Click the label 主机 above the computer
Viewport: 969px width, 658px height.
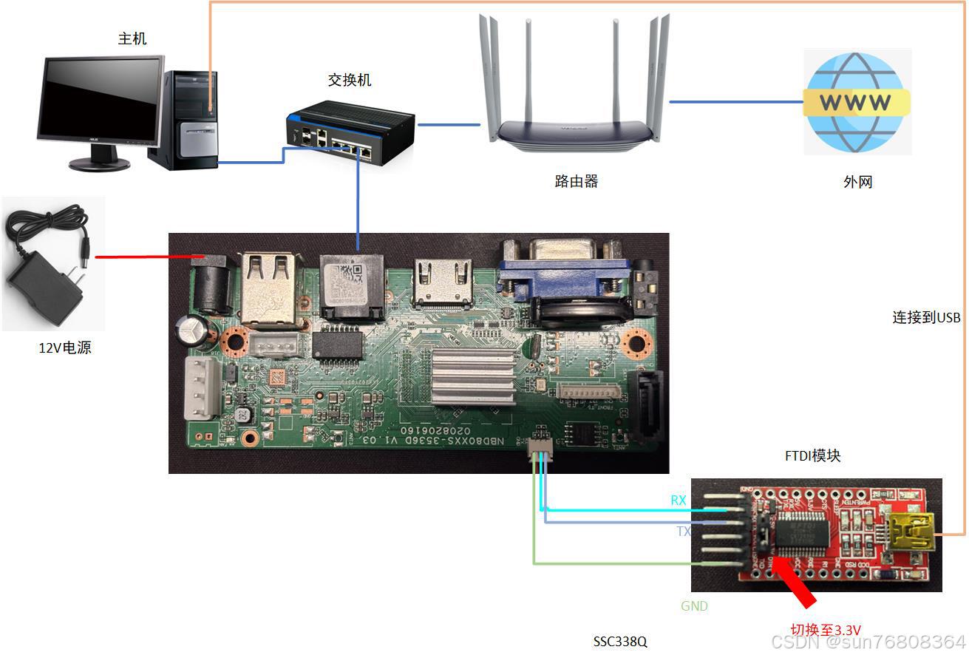(x=132, y=38)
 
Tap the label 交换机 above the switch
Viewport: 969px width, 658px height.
(x=350, y=80)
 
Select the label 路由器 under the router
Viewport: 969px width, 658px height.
(x=577, y=181)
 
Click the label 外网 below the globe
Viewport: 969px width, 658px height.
(x=857, y=181)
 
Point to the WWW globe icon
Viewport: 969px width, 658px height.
(x=857, y=102)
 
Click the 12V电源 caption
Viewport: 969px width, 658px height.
(x=65, y=347)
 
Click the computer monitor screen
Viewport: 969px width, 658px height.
(x=100, y=99)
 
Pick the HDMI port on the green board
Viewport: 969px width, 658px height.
(x=443, y=285)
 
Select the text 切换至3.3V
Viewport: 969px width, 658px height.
(x=826, y=630)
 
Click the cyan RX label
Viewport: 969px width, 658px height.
(x=678, y=501)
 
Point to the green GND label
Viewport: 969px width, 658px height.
(x=694, y=606)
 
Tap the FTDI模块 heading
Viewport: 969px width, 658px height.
(x=812, y=456)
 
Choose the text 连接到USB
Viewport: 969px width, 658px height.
(x=926, y=317)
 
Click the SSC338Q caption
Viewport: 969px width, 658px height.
(x=620, y=642)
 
